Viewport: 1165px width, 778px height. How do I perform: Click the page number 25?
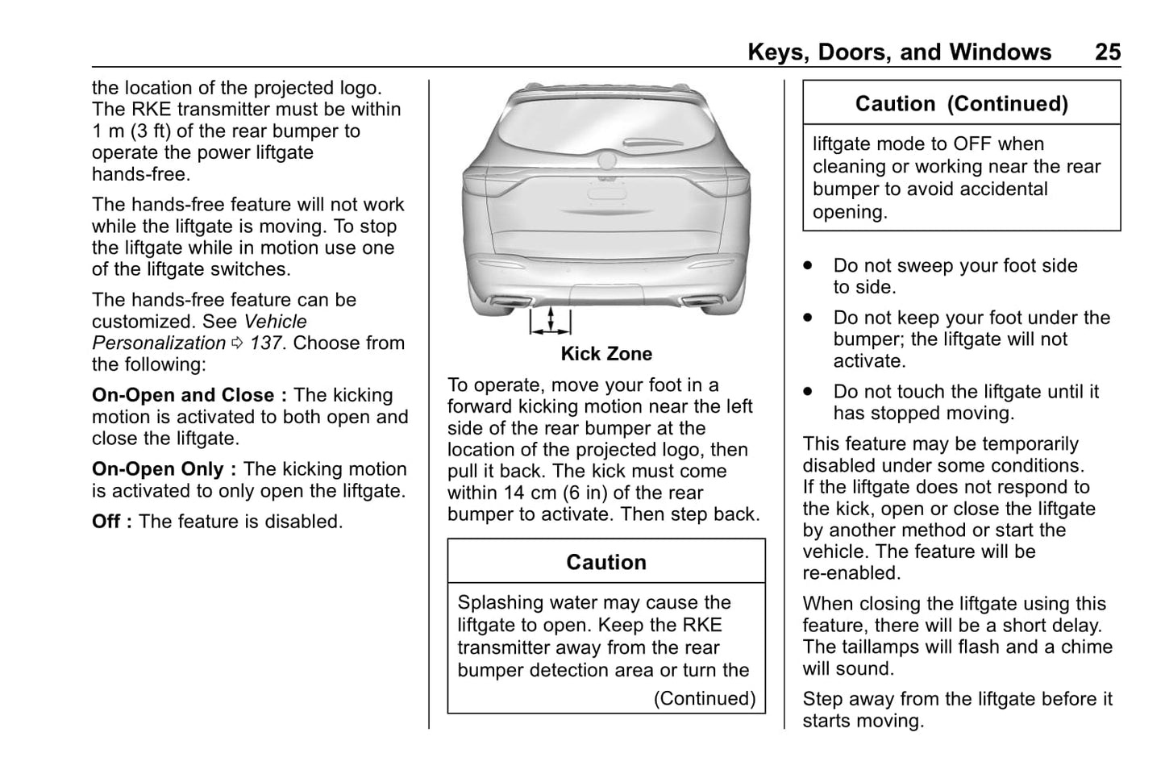click(x=1107, y=52)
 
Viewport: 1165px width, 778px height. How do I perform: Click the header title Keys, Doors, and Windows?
click(x=899, y=52)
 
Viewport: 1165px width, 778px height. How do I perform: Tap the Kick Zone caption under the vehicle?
click(x=606, y=354)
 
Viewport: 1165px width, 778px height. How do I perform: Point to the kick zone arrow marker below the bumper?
click(x=550, y=320)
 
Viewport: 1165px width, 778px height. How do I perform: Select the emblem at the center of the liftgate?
click(x=606, y=161)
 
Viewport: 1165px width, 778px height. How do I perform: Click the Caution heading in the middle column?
click(x=606, y=562)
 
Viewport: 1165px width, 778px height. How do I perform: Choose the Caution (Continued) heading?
click(x=961, y=104)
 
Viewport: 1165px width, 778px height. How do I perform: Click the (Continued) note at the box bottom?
click(x=705, y=698)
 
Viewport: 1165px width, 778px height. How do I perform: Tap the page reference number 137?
click(x=265, y=343)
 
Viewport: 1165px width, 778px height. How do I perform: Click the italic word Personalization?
click(x=159, y=343)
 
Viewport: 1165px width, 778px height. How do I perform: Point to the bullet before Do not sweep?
click(x=808, y=265)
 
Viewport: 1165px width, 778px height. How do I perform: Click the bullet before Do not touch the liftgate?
click(x=808, y=392)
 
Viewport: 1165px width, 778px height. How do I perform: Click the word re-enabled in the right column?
click(x=851, y=573)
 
